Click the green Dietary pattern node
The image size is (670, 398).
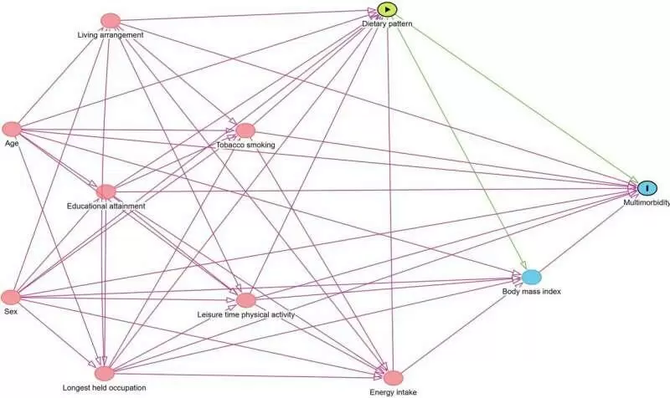[387, 10]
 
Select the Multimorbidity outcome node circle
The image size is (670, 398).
[647, 188]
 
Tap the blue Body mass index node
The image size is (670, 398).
[532, 277]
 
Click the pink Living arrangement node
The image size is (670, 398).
[111, 20]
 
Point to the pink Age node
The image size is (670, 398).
[12, 129]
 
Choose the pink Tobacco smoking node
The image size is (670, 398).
[245, 130]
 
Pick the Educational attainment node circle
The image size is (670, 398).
[106, 191]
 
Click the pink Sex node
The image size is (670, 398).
[11, 297]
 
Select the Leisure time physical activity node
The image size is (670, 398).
[245, 299]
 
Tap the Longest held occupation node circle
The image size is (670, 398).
[104, 373]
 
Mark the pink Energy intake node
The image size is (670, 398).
[393, 378]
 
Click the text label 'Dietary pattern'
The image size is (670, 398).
[387, 25]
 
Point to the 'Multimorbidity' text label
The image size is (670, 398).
[646, 203]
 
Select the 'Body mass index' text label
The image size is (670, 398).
[531, 291]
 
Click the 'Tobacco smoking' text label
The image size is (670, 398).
[246, 145]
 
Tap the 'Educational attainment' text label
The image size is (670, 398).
[106, 206]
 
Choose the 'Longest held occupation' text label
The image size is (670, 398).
[105, 388]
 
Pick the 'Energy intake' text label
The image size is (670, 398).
[392, 391]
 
